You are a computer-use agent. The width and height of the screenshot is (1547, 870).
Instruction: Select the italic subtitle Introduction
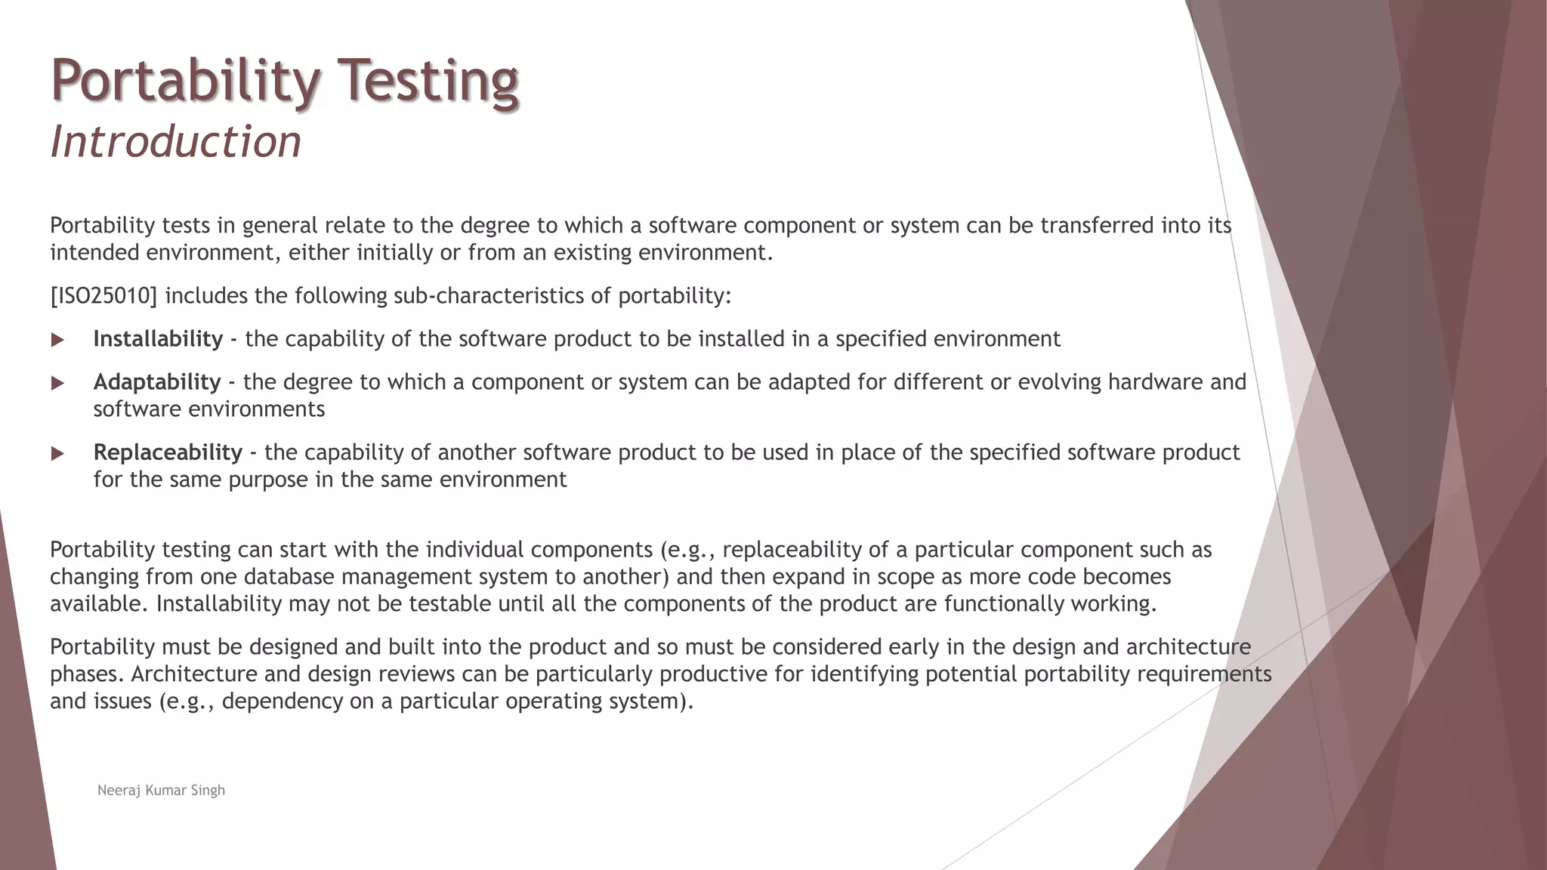(175, 141)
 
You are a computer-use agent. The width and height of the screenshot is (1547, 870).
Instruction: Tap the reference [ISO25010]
(103, 295)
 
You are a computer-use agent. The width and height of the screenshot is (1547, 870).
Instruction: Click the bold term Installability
(158, 338)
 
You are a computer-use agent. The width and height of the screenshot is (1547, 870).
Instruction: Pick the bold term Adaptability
(157, 381)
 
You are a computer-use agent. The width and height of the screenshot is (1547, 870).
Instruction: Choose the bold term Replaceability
(168, 452)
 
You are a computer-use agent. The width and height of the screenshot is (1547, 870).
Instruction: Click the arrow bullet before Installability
(57, 340)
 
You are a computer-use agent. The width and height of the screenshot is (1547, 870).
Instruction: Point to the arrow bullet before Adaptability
(57, 383)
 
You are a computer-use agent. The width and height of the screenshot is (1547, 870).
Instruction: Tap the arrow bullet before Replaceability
(57, 453)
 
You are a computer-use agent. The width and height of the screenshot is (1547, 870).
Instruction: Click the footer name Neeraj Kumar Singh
(161, 790)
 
